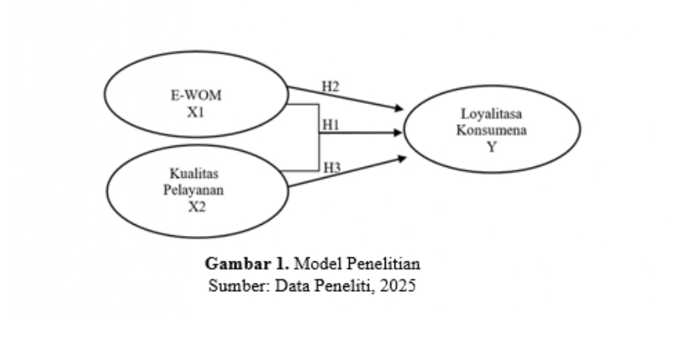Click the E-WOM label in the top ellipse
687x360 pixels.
[196, 96]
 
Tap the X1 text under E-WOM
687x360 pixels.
[196, 112]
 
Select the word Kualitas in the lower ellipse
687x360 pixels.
[196, 173]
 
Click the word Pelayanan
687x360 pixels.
[196, 190]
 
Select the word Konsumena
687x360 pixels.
[491, 131]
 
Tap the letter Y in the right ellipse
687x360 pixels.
[491, 147]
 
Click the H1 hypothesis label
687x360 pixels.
[331, 126]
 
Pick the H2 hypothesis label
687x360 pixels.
[330, 86]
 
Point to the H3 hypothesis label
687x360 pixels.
[332, 167]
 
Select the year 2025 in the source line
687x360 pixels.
[398, 285]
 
